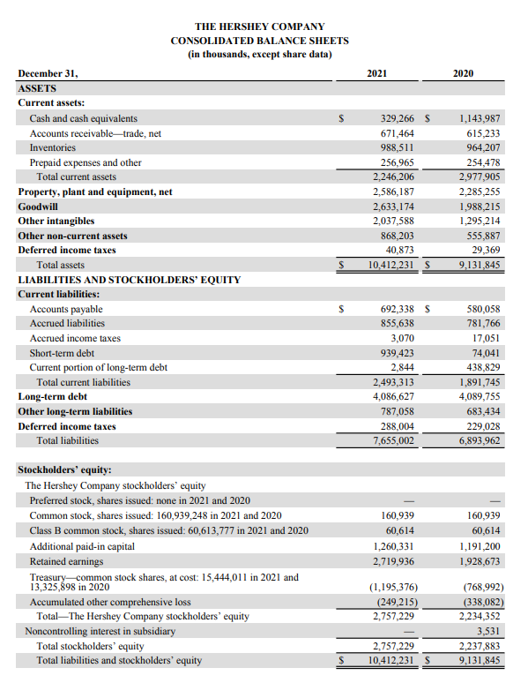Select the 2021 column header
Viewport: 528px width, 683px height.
click(378, 74)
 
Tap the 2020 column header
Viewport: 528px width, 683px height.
click(463, 74)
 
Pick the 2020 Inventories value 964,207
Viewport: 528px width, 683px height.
click(480, 148)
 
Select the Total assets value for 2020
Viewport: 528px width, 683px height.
click(480, 265)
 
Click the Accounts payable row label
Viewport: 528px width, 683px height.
click(66, 309)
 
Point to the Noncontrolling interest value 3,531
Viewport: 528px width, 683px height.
click(487, 631)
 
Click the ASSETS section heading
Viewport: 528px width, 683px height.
click(37, 89)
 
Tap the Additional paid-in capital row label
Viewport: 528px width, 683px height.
click(82, 545)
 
